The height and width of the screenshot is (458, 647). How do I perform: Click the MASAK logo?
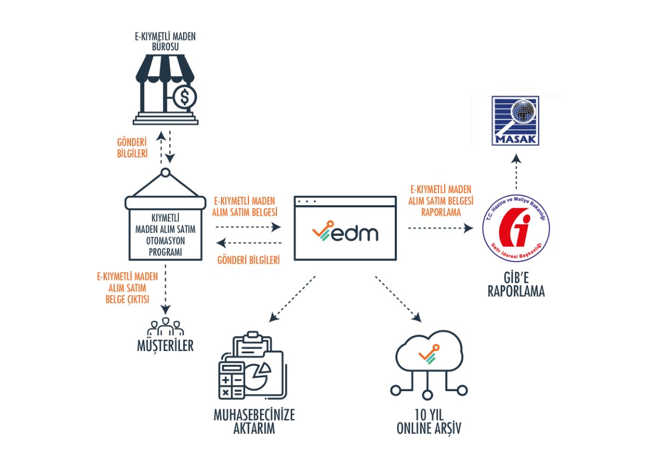click(x=515, y=121)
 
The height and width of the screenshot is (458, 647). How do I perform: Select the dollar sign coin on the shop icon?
click(x=184, y=98)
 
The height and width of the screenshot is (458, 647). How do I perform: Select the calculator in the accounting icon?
click(x=231, y=380)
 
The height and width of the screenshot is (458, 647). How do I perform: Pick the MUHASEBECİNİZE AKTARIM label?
click(x=253, y=421)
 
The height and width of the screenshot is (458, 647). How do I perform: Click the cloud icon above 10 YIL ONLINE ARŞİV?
click(x=428, y=354)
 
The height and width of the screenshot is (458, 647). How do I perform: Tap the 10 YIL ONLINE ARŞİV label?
click(x=428, y=421)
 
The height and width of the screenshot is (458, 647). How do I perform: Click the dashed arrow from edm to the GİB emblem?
click(x=439, y=227)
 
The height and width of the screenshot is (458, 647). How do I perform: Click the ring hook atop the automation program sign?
click(x=165, y=174)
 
